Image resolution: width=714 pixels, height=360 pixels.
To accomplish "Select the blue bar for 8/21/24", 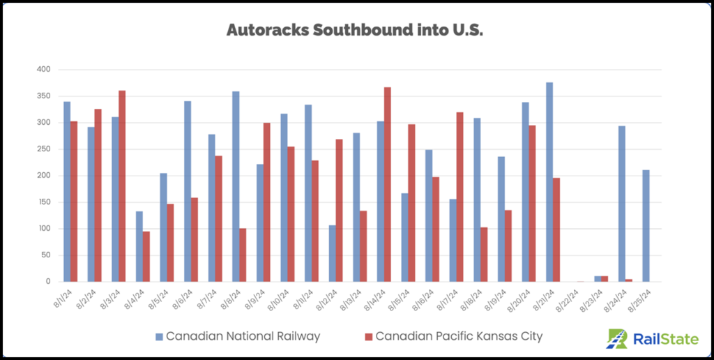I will pos(549,182).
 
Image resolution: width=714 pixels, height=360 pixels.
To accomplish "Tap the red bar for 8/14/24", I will pos(387,184).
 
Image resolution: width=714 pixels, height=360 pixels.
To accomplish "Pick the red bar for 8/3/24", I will pos(122,186).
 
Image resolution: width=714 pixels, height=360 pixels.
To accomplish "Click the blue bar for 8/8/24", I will pos(236,188).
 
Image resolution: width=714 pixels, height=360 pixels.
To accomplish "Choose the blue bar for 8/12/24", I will pos(332,253).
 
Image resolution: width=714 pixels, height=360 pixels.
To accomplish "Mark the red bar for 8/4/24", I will pos(146,256).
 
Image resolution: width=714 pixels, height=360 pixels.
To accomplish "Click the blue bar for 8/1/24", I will pos(67,192).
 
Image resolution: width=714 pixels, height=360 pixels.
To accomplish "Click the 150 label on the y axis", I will pos(45,202).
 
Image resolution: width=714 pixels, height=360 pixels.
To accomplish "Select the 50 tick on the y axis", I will pos(46,255).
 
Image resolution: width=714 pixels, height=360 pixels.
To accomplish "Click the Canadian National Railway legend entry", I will pos(237,336).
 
